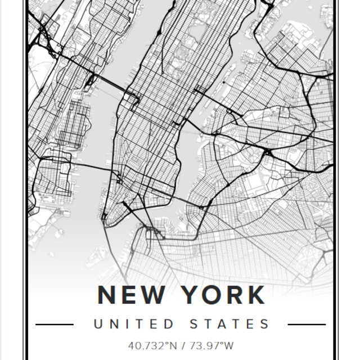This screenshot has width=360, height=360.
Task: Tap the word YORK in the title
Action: pyautogui.click(x=221, y=295)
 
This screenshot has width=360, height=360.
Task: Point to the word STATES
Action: pyautogui.click(x=229, y=324)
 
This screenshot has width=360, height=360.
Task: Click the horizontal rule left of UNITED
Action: pyautogui.click(x=55, y=325)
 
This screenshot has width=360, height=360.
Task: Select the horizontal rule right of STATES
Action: pyautogui.click(x=307, y=325)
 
